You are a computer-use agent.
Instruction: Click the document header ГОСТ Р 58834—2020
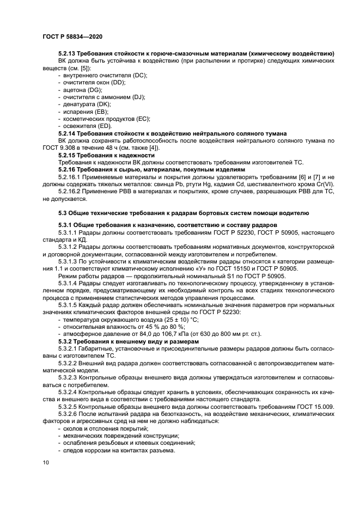point(72,36)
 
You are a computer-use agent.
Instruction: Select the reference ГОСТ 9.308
point(57,148)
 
